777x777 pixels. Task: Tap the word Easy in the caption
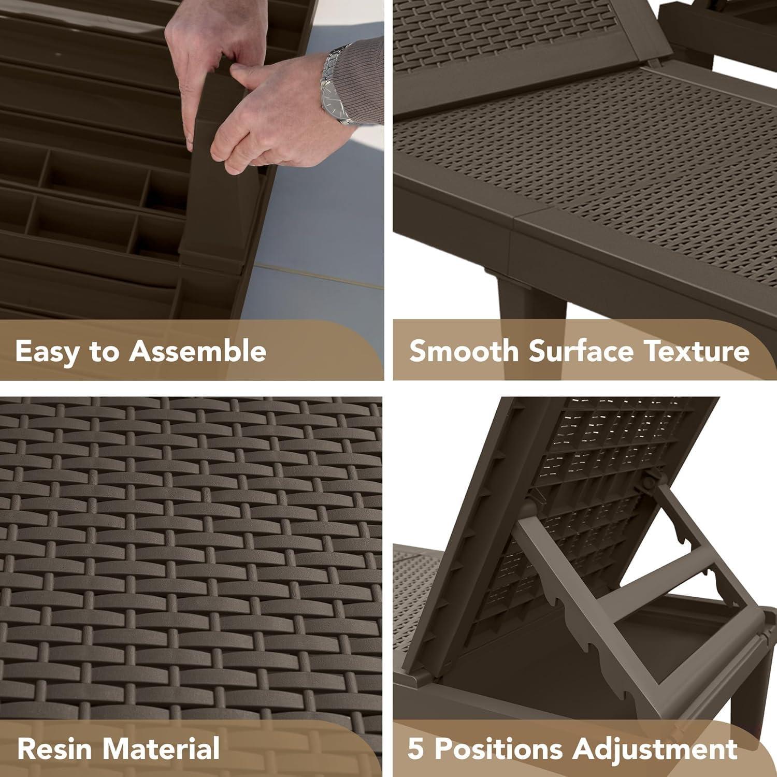pos(47,352)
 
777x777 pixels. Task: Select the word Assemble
pos(197,351)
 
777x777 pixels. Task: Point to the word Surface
pos(581,351)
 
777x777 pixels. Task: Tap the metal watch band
pos(332,83)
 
